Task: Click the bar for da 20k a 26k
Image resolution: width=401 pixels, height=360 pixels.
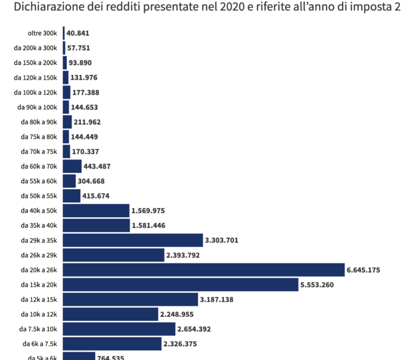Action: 204,270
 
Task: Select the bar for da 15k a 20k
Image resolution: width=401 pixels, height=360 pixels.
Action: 180,284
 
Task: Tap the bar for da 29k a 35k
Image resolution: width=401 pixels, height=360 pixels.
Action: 133,240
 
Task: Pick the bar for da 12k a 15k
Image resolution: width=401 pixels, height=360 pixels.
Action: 130,299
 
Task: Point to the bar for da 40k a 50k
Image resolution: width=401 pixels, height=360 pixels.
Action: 96,211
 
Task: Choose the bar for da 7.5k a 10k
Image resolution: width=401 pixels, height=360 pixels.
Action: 119,329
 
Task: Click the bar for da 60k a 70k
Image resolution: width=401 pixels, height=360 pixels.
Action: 72,166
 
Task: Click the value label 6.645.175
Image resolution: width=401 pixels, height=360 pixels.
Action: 363,270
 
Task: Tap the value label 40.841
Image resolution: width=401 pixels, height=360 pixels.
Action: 78,33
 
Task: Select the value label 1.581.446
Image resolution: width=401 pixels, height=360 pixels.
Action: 148,226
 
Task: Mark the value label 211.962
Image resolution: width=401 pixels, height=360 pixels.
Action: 87,122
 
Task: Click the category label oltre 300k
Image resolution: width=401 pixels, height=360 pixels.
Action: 43,33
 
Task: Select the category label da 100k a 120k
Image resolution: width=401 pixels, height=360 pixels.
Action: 35,92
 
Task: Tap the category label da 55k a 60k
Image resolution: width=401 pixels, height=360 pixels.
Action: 38,181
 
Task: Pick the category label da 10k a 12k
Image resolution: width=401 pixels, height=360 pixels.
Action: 38,314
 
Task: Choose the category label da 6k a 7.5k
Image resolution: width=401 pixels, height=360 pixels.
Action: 40,344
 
